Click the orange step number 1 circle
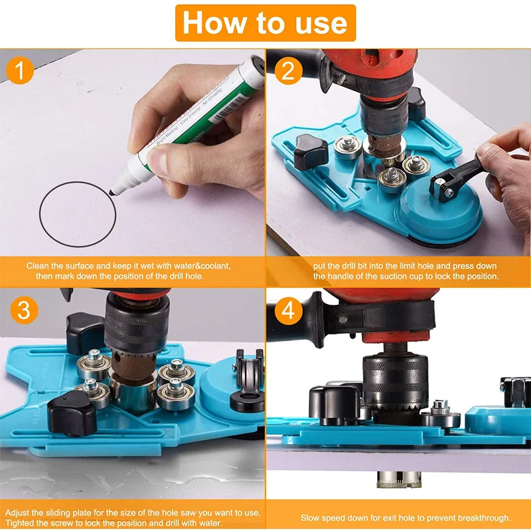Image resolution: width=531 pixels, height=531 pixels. (x=23, y=71)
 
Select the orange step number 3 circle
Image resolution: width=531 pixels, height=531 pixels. (x=23, y=310)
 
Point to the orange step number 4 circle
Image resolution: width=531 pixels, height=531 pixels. (x=288, y=310)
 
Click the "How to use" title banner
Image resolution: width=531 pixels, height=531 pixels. (x=265, y=23)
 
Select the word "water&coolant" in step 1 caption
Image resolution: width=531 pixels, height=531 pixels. (x=202, y=265)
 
